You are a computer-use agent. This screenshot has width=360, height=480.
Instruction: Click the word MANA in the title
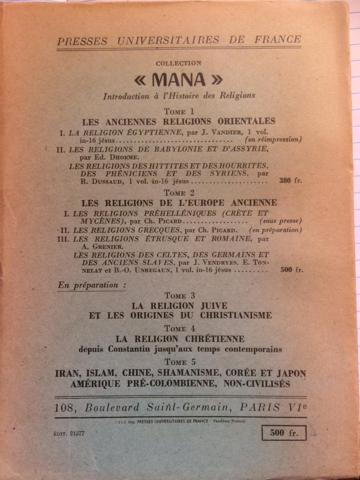(179, 80)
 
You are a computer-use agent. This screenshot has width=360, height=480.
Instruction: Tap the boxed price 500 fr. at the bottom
(284, 432)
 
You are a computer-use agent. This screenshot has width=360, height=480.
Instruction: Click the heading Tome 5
(180, 362)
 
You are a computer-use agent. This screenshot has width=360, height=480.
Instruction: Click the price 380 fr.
(291, 181)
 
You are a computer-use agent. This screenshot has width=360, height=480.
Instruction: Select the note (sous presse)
(280, 221)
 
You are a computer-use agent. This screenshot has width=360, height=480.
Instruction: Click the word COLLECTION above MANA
(179, 64)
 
